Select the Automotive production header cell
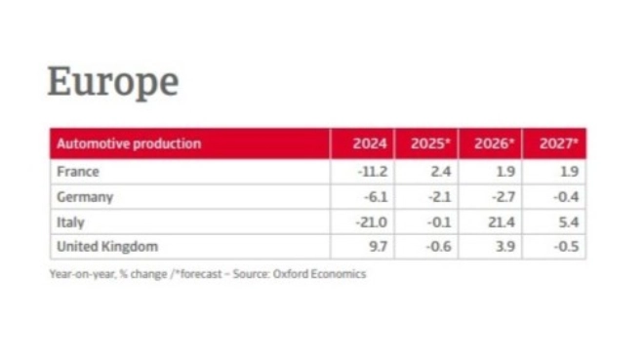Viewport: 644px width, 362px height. (129, 143)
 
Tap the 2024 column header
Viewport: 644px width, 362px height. (370, 143)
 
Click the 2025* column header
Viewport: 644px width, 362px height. (429, 143)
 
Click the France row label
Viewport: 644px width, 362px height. (78, 172)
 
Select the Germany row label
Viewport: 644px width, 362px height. (85, 197)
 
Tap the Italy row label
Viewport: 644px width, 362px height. (71, 222)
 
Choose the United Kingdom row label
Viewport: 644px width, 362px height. (107, 247)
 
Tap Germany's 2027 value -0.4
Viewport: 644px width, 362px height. (565, 197)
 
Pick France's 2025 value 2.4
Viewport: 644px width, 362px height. (440, 172)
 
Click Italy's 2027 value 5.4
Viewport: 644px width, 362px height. (568, 222)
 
